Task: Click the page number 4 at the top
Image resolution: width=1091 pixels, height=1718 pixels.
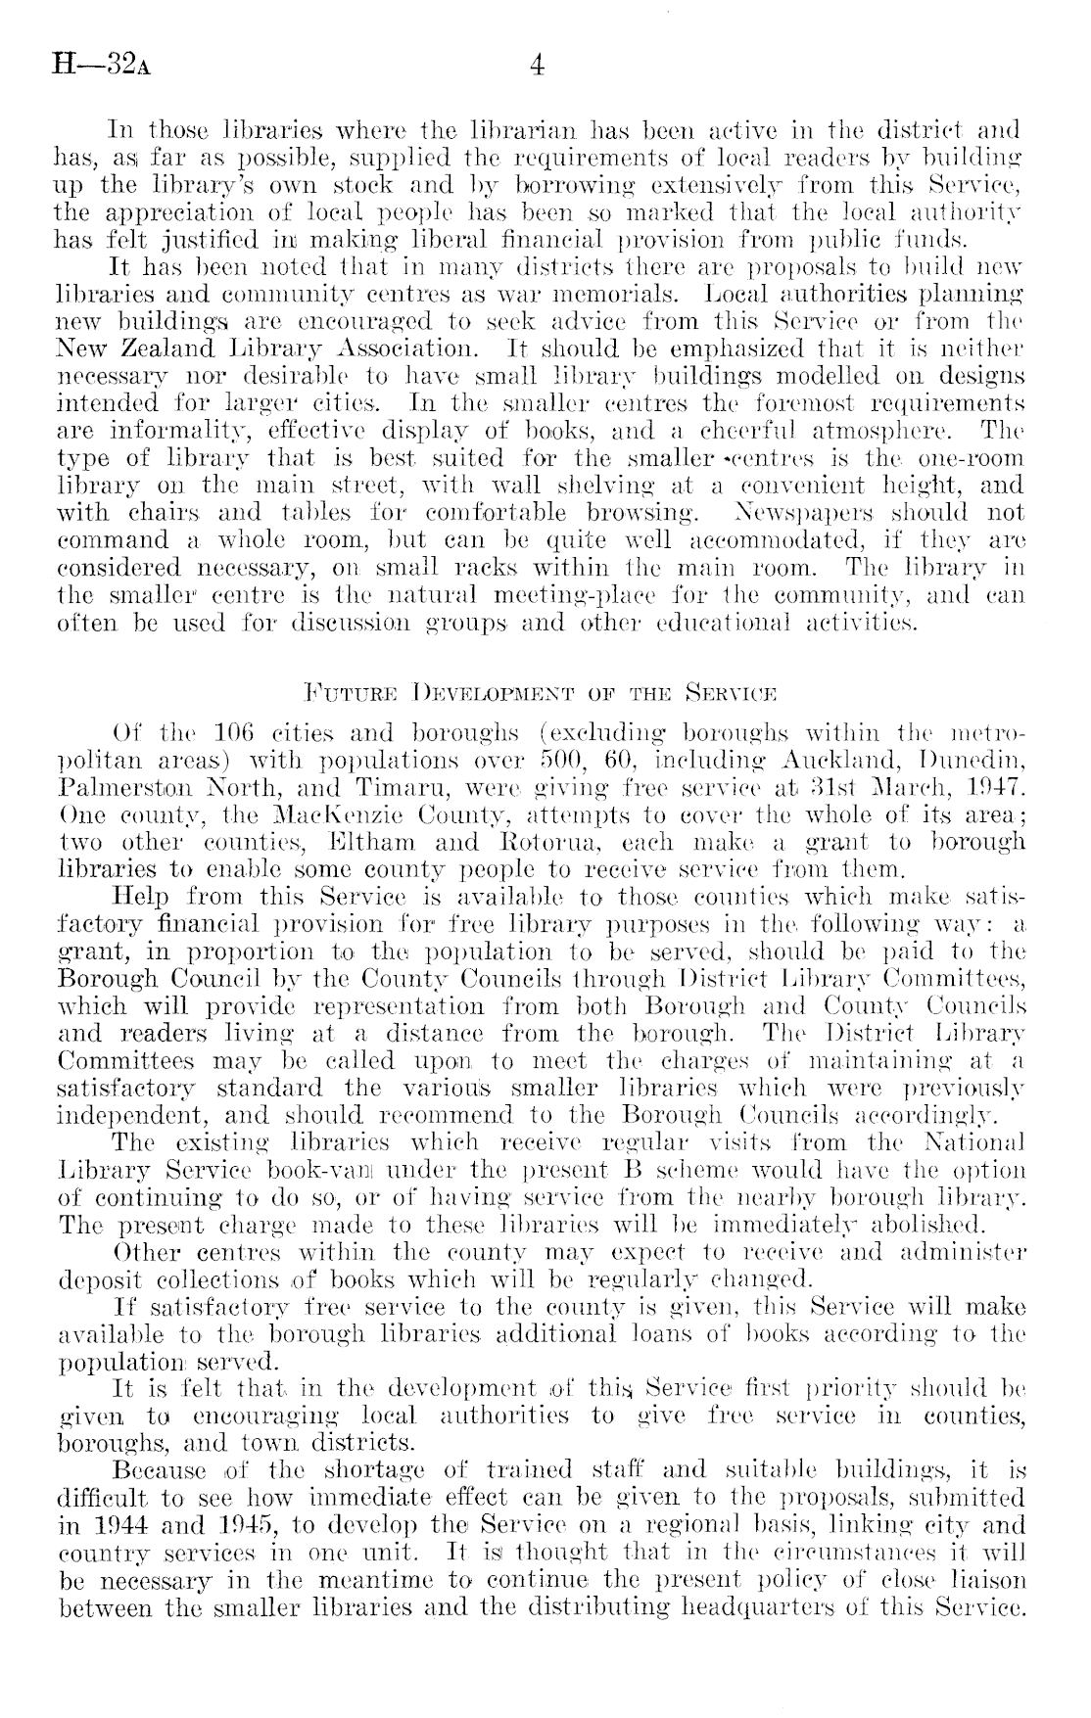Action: pos(537,67)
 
